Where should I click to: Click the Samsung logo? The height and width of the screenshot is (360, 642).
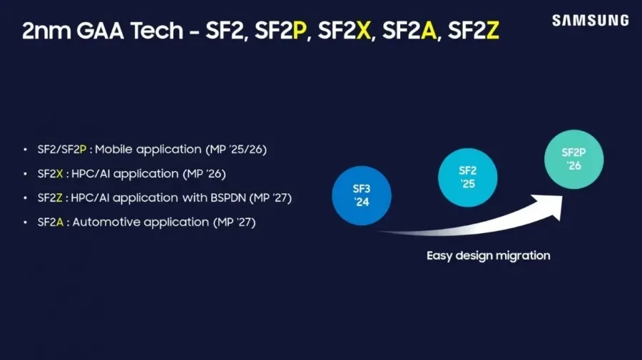(x=590, y=21)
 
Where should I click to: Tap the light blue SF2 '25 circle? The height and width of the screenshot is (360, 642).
(x=467, y=177)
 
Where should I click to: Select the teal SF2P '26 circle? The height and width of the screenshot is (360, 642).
(x=574, y=159)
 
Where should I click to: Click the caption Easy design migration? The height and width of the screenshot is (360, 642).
(x=489, y=255)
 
